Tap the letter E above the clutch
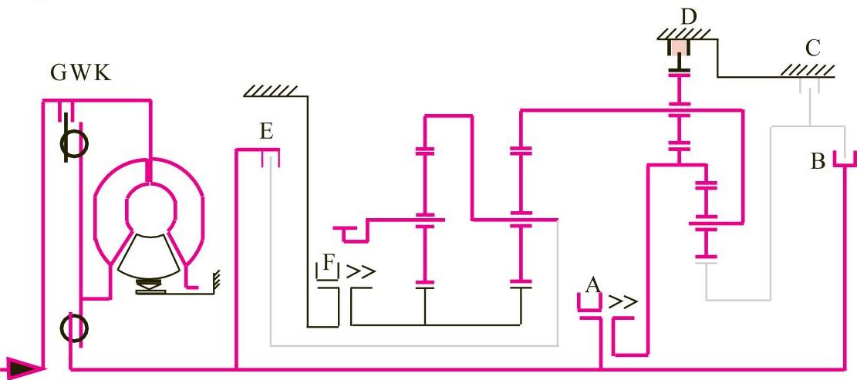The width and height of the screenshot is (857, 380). tap(266, 132)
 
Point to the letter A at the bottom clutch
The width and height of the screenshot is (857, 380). tap(592, 286)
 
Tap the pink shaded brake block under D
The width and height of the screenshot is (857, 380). tap(678, 48)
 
